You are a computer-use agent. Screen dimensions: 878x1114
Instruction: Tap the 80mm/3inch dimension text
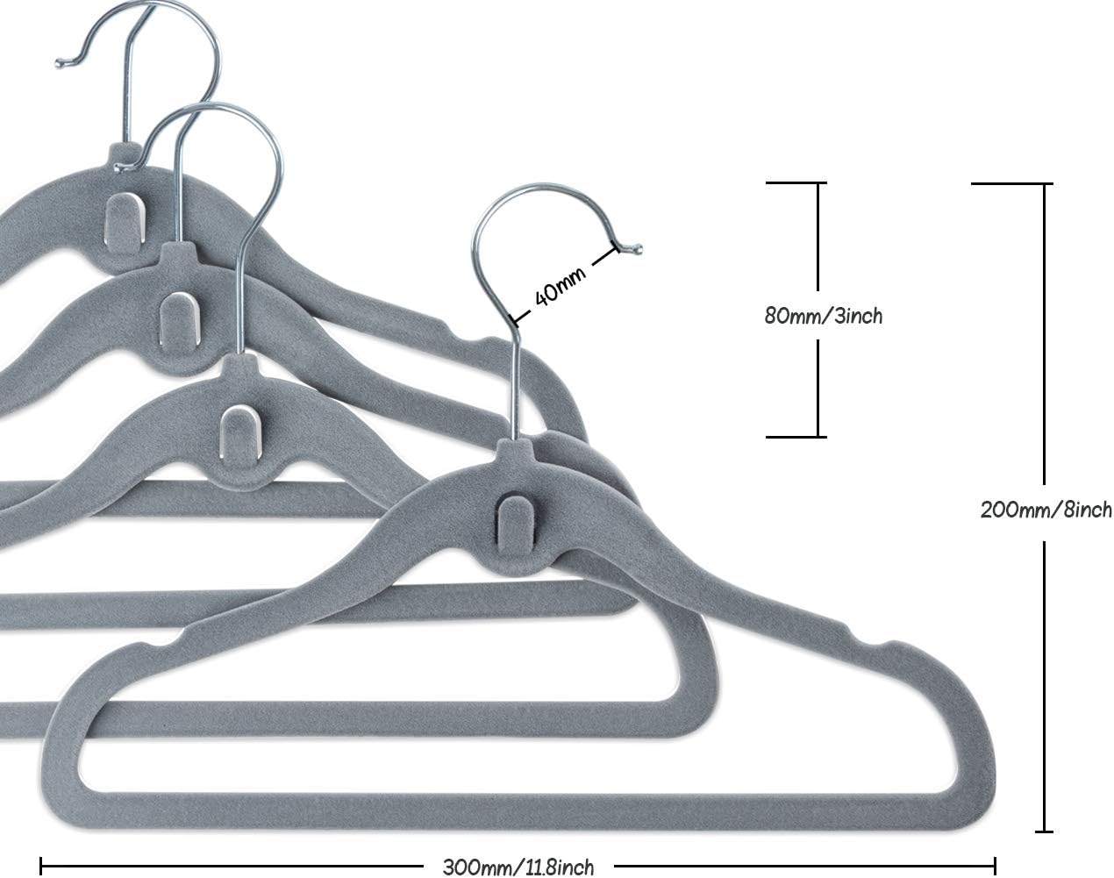point(822,316)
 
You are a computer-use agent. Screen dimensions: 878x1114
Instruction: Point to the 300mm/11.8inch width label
point(518,867)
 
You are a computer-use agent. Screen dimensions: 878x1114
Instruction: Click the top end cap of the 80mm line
point(796,182)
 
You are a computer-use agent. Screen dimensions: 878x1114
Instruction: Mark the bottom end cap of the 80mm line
point(796,436)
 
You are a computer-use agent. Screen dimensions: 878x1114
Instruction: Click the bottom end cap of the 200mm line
point(1043,831)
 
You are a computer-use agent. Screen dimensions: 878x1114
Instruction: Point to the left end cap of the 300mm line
point(41,867)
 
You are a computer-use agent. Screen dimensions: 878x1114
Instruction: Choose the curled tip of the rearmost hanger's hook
point(61,62)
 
